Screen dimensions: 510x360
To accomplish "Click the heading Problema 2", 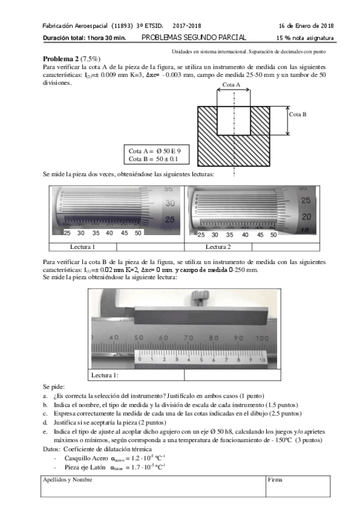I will (x=61, y=59).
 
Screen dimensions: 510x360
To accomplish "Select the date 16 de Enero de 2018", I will (x=307, y=26).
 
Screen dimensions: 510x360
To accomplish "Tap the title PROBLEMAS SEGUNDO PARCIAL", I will (x=194, y=38).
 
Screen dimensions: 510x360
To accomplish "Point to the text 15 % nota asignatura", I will (x=305, y=38).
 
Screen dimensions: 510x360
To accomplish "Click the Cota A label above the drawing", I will (x=231, y=85).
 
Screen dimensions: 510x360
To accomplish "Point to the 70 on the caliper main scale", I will (x=188, y=338).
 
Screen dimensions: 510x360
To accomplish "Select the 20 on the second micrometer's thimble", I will (x=305, y=216).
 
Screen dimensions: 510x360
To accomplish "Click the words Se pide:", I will (x=53, y=388).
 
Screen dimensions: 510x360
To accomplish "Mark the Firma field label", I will (x=275, y=480).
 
